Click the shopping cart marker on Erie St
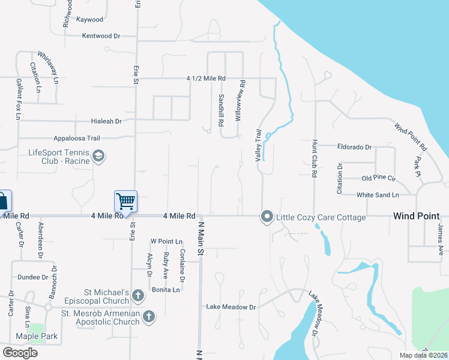[x=125, y=201]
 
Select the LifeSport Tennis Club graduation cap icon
[x=98, y=157]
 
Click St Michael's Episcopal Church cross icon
[x=138, y=295]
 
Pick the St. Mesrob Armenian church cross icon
[x=149, y=315]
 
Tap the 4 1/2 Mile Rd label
[x=206, y=79]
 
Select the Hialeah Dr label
[x=106, y=121]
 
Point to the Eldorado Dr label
[x=355, y=146]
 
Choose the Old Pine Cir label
[x=379, y=179]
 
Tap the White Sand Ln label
[x=378, y=195]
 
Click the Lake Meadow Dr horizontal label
[x=231, y=307]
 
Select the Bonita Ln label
[x=166, y=290]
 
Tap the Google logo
[x=20, y=353]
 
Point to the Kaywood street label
[x=90, y=20]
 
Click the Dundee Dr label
[x=32, y=278]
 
